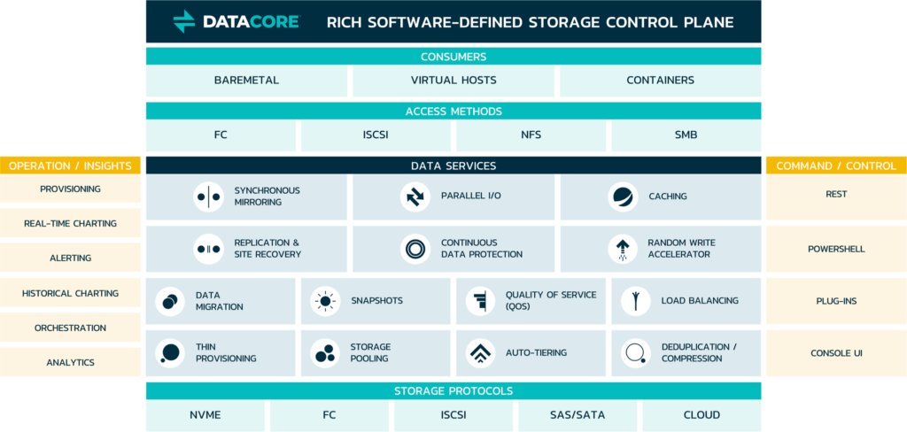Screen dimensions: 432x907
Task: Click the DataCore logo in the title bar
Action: point(236,21)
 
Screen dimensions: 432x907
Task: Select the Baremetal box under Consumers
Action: point(246,81)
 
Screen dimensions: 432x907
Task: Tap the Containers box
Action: point(660,81)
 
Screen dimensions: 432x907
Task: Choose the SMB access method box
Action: point(686,135)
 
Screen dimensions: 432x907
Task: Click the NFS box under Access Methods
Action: point(531,135)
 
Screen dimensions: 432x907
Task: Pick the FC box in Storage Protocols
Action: point(329,415)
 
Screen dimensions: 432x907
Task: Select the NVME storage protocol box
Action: point(205,415)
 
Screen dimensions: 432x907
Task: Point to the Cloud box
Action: point(702,415)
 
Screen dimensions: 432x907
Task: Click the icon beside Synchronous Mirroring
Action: point(208,197)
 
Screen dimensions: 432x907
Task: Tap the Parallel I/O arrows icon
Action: point(415,197)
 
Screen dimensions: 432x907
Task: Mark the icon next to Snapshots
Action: point(325,301)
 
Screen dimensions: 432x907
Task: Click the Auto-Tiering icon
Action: point(480,353)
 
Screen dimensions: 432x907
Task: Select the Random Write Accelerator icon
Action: point(623,249)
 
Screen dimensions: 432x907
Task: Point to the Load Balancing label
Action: point(699,301)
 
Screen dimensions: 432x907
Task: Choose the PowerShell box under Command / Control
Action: point(836,250)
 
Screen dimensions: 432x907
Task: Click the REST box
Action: point(836,195)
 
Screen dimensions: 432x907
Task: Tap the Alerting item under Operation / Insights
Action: point(70,258)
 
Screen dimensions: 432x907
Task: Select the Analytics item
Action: point(70,362)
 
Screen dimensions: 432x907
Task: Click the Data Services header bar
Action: point(453,166)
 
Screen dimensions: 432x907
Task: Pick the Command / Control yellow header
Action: point(836,166)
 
